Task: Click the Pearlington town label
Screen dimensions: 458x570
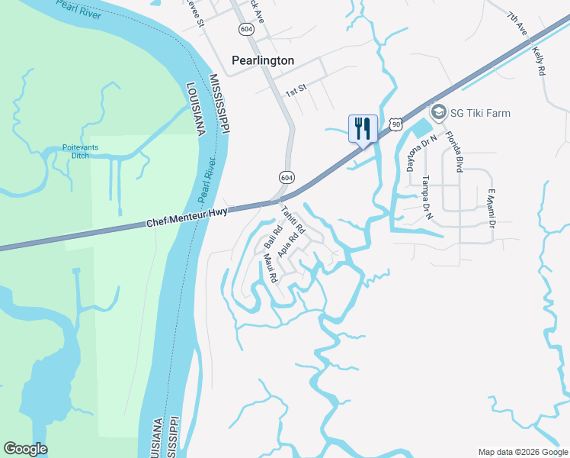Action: (263, 60)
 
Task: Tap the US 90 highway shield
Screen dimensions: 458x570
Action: (393, 123)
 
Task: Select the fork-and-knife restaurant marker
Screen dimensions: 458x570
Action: (363, 127)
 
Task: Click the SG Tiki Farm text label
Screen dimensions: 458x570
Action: (479, 113)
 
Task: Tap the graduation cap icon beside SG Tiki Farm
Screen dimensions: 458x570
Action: (439, 113)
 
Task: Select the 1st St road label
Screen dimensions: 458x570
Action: (296, 91)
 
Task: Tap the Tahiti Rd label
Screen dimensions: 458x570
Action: (293, 220)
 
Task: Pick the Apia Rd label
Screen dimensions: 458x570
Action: (287, 243)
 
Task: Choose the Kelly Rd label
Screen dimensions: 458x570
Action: (540, 60)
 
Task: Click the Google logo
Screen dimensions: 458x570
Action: (25, 449)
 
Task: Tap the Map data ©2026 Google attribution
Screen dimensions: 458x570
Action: (523, 451)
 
